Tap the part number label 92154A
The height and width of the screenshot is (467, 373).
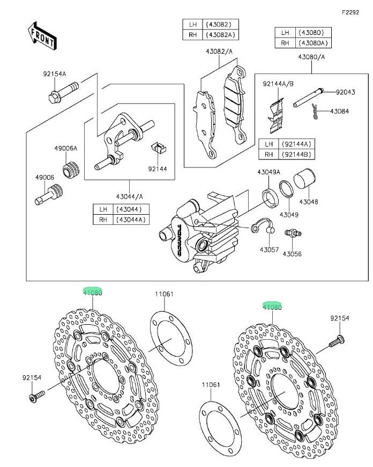pos(55,74)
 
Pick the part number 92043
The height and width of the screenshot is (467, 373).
pos(345,92)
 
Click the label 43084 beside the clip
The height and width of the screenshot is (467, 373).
pos(339,111)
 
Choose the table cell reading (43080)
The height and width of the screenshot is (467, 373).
pos(311,32)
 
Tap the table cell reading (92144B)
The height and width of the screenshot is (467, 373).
pos(294,154)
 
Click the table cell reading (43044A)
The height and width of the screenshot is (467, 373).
pos(129,219)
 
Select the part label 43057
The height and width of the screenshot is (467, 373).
pos(268,250)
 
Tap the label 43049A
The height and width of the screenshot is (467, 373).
pos(268,172)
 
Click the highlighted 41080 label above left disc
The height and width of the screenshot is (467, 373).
pos(92,292)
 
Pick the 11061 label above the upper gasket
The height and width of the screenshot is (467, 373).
pos(165,294)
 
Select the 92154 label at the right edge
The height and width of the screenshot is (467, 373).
pos(339,318)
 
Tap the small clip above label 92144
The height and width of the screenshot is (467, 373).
pos(158,147)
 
